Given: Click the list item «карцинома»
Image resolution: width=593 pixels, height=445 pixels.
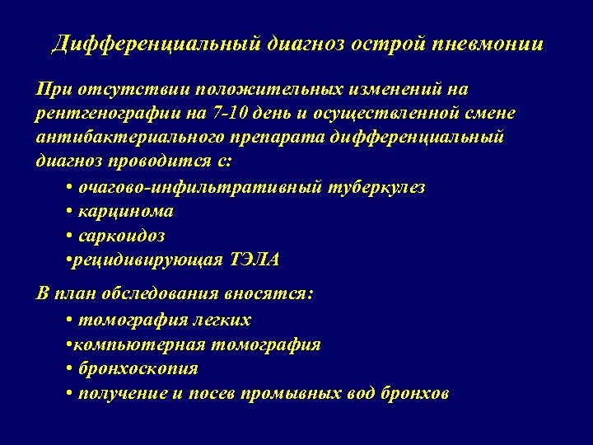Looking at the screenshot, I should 125,211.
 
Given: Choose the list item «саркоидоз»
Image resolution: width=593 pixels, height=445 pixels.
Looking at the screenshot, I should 121,236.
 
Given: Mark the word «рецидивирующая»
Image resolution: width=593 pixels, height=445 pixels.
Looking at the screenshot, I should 147,260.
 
